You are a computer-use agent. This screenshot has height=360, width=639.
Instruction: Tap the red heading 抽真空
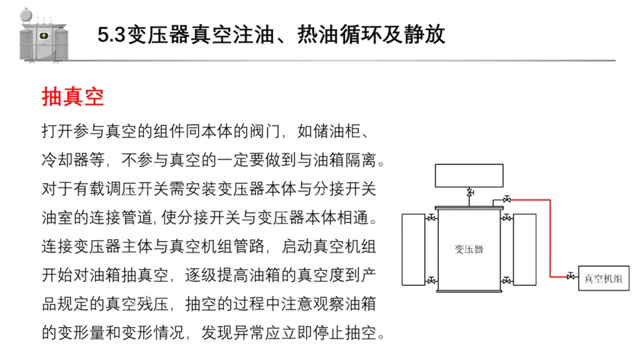(x=72, y=97)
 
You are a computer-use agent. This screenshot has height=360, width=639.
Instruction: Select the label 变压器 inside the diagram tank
(x=469, y=249)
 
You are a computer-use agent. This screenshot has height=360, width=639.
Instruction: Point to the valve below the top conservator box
(x=470, y=193)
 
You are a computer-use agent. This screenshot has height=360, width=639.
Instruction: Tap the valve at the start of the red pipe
(x=506, y=200)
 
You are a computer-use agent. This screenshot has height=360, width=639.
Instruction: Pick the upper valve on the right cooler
(x=506, y=219)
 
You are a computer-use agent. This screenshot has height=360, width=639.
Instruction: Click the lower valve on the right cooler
(x=506, y=279)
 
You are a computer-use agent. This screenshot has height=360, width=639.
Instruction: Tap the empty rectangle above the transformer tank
(x=470, y=174)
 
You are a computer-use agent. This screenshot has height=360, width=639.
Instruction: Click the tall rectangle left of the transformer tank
(x=414, y=249)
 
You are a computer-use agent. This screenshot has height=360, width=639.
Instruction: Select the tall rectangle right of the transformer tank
(x=524, y=249)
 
